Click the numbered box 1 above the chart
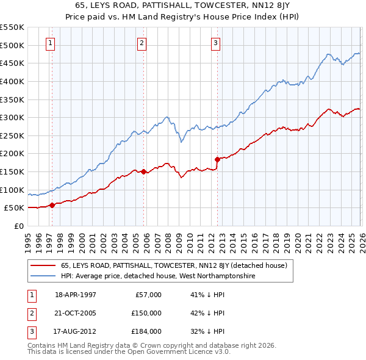point(49,43)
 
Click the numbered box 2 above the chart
point(142,43)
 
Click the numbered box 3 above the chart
point(216,43)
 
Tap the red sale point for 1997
point(52,205)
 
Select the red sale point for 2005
point(144,171)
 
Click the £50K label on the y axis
point(15,208)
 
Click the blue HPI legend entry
point(157,276)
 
